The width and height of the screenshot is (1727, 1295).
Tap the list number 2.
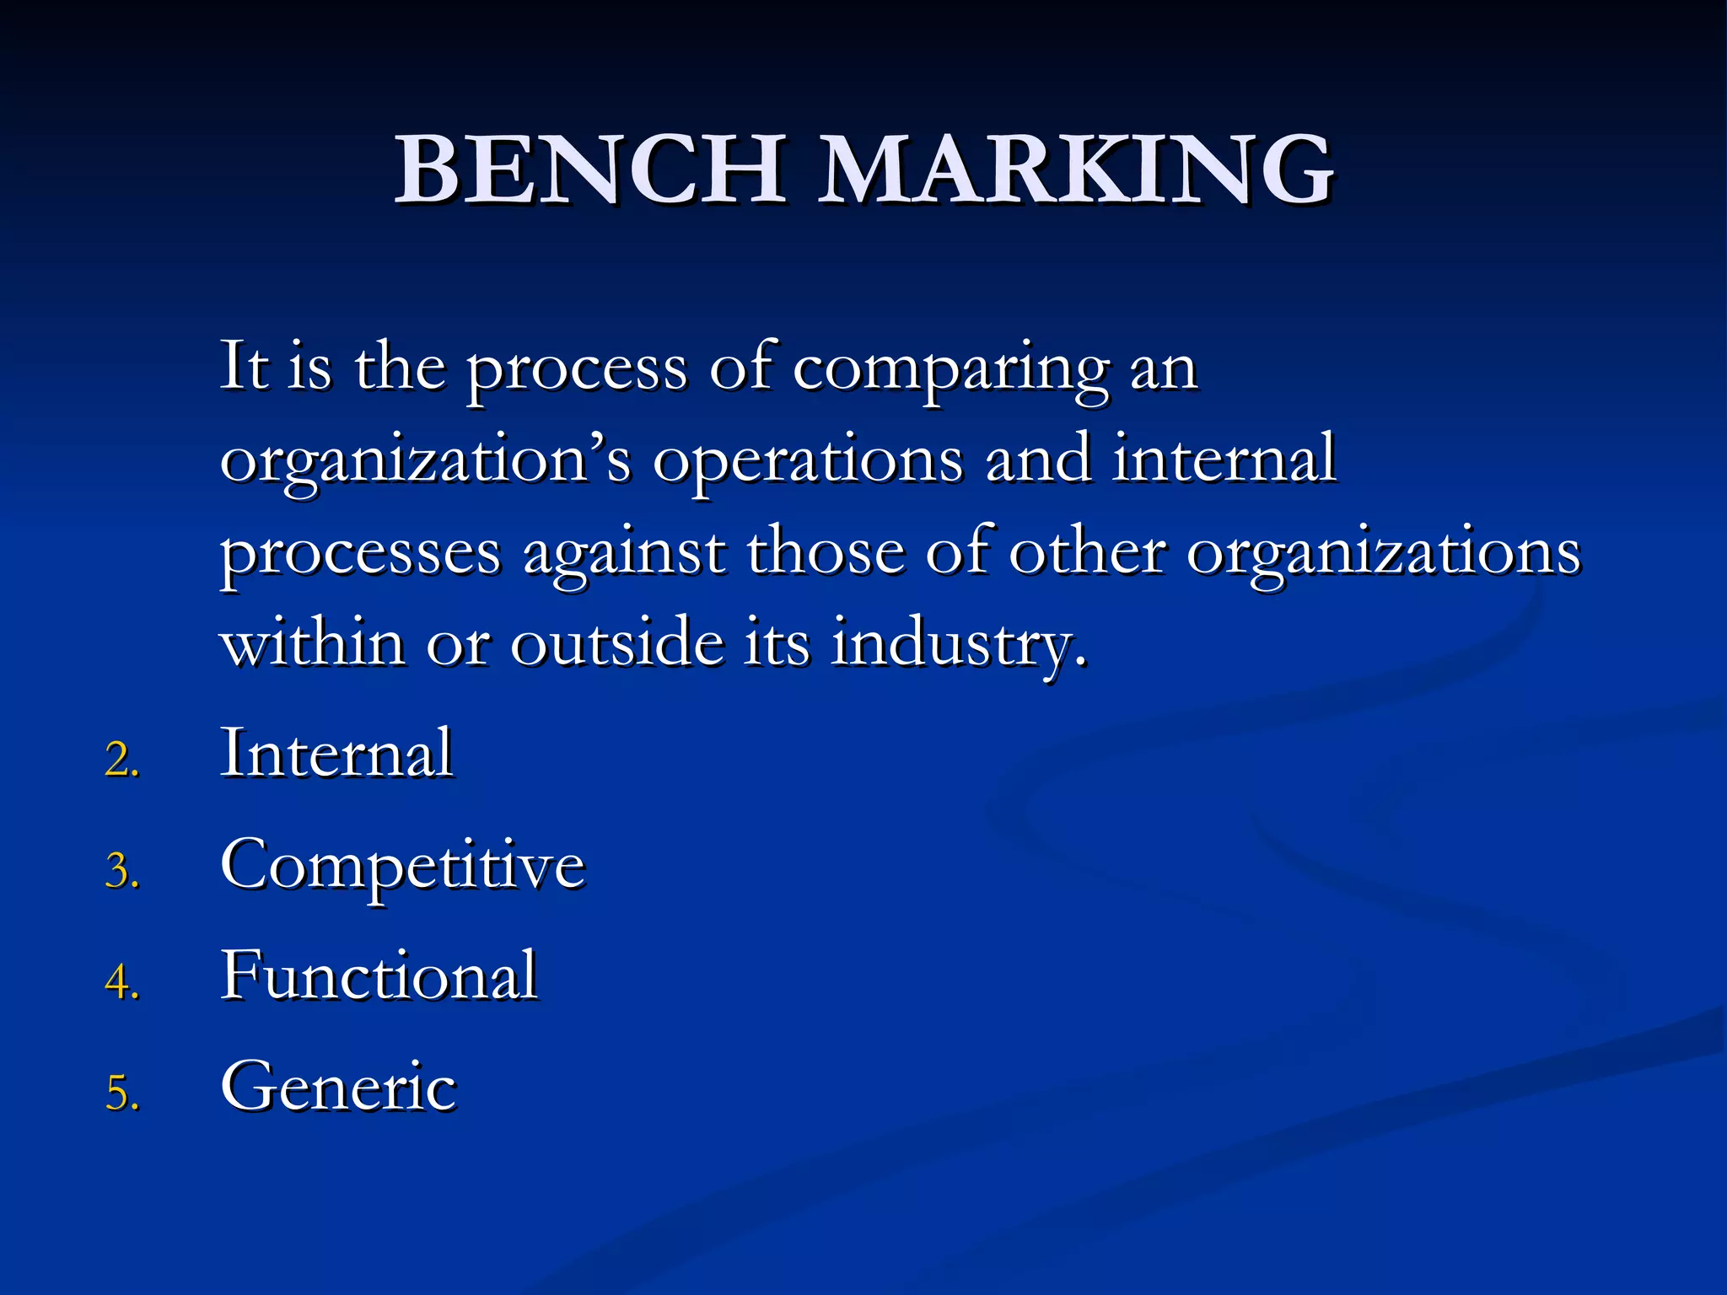coord(121,759)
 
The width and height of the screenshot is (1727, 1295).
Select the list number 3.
coord(121,870)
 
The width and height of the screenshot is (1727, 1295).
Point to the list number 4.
coord(121,981)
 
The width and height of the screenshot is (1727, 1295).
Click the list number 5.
coord(121,1093)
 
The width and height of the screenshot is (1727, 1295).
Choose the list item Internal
coord(336,752)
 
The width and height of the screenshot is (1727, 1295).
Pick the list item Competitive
coord(402,865)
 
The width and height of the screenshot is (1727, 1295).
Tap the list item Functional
coord(379,975)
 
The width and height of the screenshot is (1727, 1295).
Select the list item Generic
coord(338,1086)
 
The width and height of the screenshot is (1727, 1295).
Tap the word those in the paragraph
coord(826,553)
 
